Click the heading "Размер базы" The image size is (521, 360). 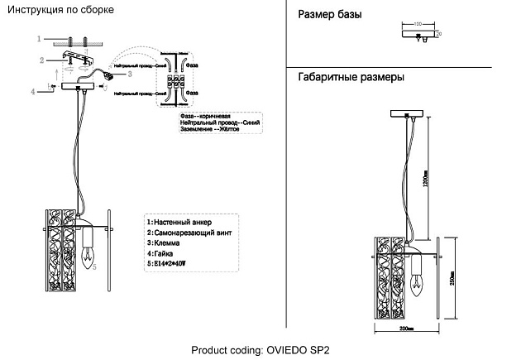[x=328, y=16]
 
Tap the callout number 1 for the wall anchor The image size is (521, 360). [x=39, y=39]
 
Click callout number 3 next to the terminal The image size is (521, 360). [x=130, y=74]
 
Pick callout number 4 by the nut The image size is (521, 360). [x=33, y=92]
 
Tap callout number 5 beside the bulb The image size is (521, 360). [x=95, y=267]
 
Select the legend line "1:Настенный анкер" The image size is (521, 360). [x=179, y=223]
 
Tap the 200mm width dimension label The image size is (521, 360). [x=405, y=329]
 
